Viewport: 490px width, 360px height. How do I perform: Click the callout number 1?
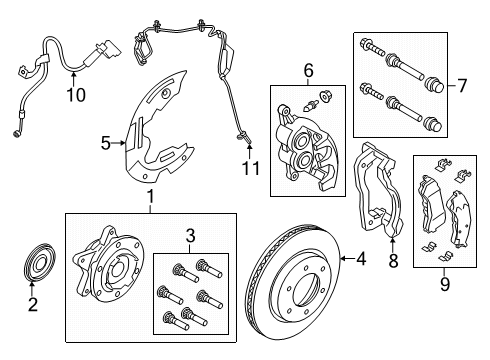(150, 197)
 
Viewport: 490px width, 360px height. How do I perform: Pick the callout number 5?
(104, 144)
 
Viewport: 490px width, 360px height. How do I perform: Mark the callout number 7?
(462, 86)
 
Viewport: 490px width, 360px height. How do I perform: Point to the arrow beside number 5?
(119, 144)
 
